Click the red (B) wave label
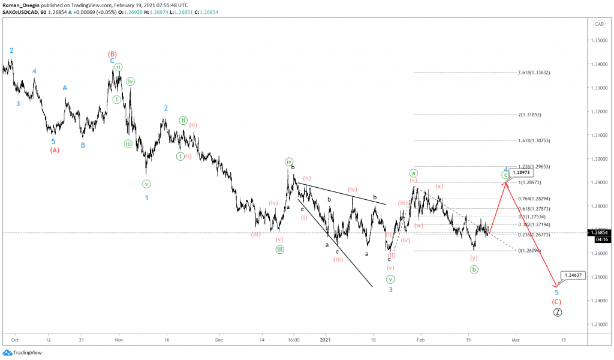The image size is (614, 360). [x=112, y=53]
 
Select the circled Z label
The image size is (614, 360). [x=558, y=312]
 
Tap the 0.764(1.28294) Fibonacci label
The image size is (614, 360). [x=534, y=199]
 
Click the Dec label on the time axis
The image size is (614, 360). [x=219, y=340]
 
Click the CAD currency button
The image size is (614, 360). [x=598, y=24]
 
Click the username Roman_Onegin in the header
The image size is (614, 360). [x=22, y=5]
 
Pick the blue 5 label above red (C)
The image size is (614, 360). [x=557, y=292]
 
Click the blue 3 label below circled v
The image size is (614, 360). [x=390, y=290]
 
